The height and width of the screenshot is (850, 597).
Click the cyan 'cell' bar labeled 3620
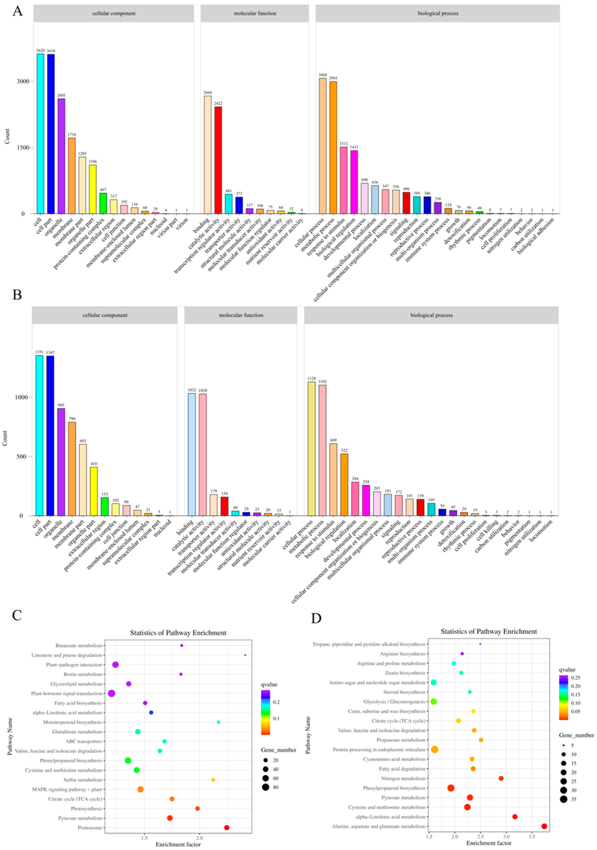pos(40,133)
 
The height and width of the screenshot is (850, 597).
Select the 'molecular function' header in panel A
pos(255,13)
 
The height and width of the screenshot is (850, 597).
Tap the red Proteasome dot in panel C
pos(227,827)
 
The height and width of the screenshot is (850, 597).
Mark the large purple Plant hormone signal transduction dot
pos(111,693)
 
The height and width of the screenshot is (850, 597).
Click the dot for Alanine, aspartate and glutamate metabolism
pos(544,826)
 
